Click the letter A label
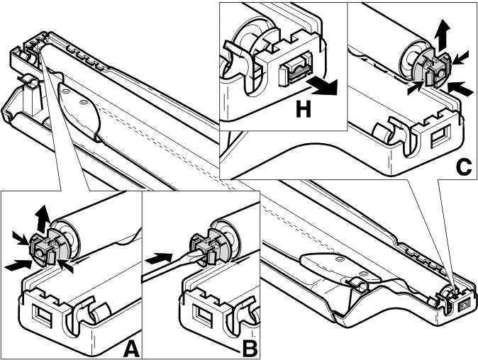point(132,349)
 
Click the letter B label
point(250,349)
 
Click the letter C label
point(465,167)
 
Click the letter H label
point(304,109)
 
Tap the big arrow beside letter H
point(323,86)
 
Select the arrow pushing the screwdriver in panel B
point(159,259)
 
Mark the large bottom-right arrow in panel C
point(459,89)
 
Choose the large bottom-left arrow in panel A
point(18,265)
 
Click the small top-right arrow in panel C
point(460,57)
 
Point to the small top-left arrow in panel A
point(21,237)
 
